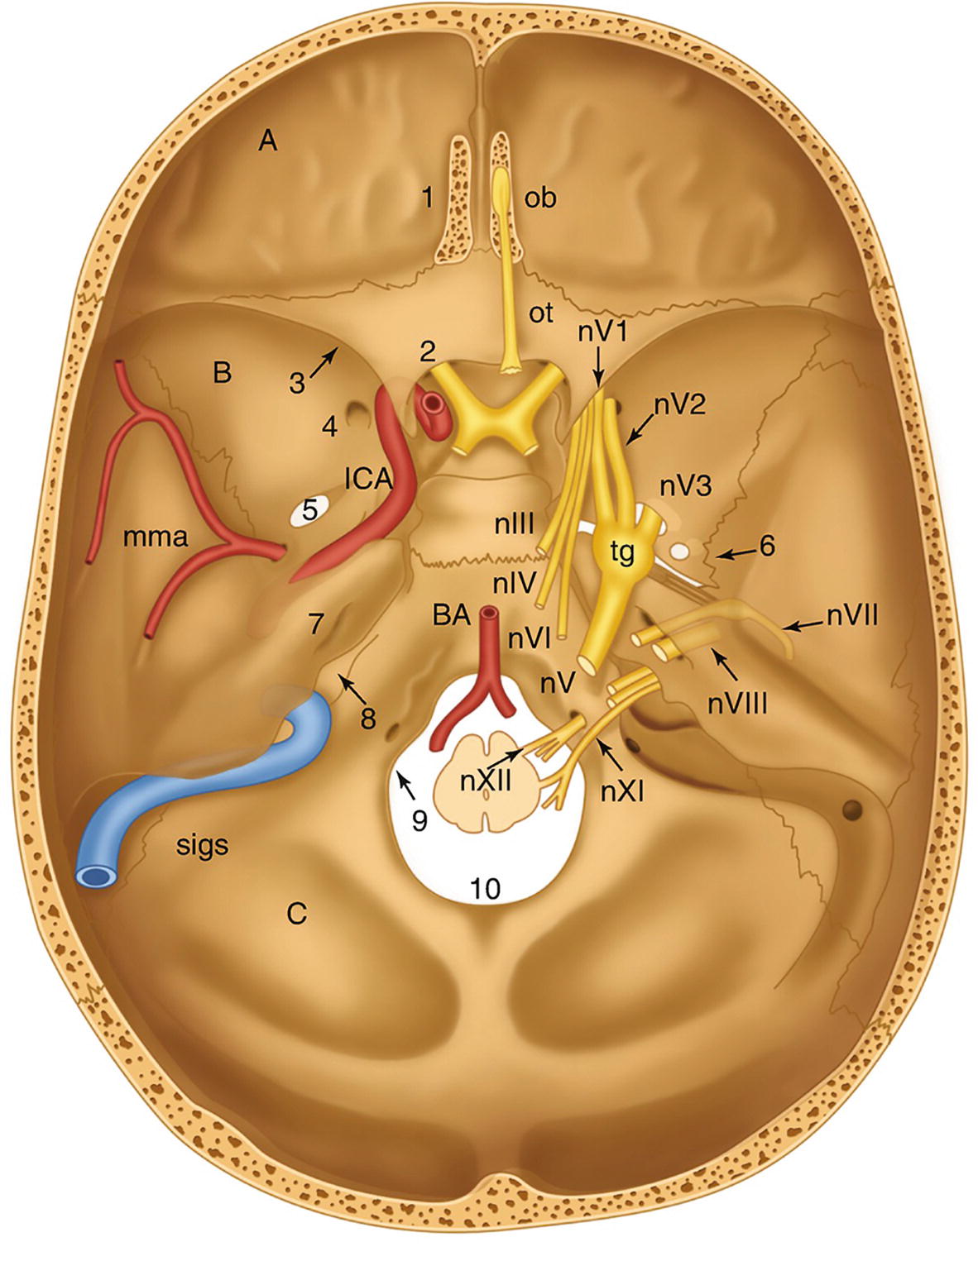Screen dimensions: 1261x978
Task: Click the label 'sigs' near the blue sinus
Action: (x=202, y=845)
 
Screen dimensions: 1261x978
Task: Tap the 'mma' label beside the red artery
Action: (x=156, y=537)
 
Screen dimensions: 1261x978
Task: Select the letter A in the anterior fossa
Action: (x=267, y=141)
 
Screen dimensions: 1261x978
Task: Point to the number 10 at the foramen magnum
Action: (x=486, y=888)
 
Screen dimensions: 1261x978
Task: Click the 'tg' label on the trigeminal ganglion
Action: (x=621, y=552)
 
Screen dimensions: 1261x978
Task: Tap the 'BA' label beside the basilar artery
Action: (x=451, y=614)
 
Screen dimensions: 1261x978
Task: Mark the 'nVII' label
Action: (x=851, y=614)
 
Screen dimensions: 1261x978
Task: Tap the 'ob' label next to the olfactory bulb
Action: (x=540, y=198)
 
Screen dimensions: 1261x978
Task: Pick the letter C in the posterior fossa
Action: (x=296, y=914)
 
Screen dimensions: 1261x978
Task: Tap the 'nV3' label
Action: (x=685, y=486)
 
